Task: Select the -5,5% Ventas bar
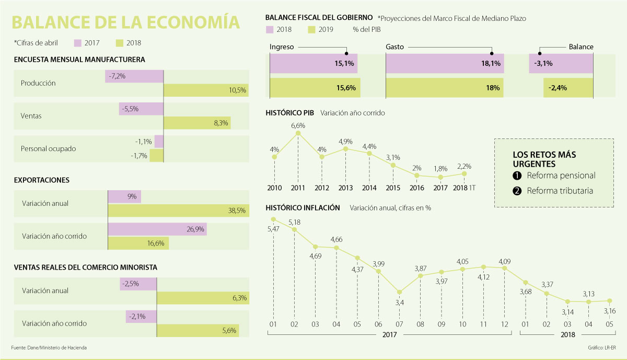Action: coord(141,109)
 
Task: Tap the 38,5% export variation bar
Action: coord(178,211)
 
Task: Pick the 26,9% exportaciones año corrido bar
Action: coord(157,229)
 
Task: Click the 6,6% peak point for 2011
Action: coord(298,133)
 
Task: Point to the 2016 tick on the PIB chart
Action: coord(416,188)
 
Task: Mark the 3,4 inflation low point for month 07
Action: coord(399,293)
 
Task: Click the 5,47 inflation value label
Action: coord(273,229)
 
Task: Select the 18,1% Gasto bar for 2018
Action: coord(445,63)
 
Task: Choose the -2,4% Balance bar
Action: coord(568,88)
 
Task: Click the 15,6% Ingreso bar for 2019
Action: coord(315,88)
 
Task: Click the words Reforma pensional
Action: coord(561,176)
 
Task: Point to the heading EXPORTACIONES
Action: coord(42,180)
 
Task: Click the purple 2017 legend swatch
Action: coord(78,43)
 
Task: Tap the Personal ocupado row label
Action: coord(49,148)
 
